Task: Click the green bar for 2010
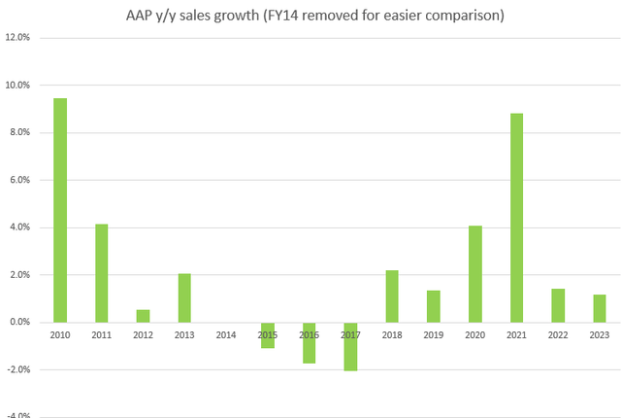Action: (x=60, y=210)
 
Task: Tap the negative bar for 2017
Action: (x=350, y=346)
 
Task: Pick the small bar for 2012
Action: (x=143, y=316)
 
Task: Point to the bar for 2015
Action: (x=267, y=335)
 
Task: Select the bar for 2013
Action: (x=184, y=297)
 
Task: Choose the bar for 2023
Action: (x=599, y=308)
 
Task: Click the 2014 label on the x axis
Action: (x=226, y=333)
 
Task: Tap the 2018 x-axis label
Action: (x=392, y=333)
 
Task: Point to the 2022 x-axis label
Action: (x=558, y=333)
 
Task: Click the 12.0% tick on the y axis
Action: (x=17, y=38)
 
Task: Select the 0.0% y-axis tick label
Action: (x=19, y=323)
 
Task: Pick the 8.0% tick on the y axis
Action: (x=19, y=133)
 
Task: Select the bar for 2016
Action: (x=309, y=342)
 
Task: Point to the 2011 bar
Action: (x=102, y=273)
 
